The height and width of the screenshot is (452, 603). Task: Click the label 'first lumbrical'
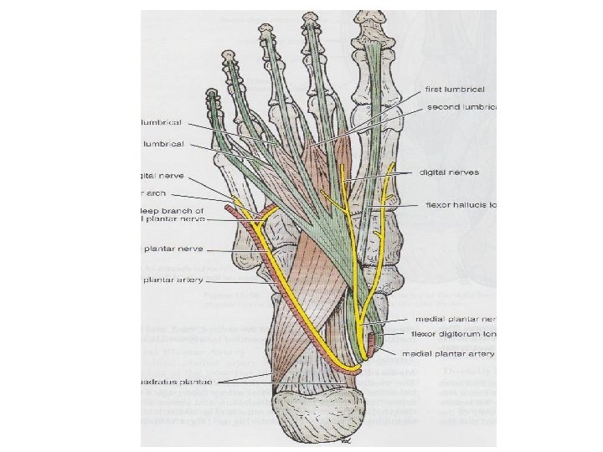(456, 89)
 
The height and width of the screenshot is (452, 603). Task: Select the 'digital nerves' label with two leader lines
(451, 172)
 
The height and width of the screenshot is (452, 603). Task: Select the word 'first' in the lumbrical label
(435, 89)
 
